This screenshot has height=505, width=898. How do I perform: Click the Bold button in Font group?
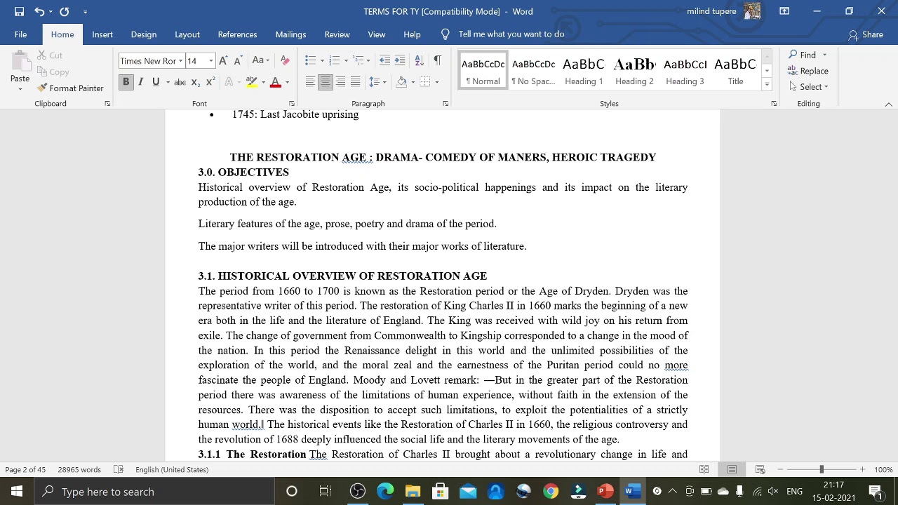126,82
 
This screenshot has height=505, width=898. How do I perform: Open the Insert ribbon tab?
102,34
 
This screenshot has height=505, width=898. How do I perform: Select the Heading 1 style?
584,71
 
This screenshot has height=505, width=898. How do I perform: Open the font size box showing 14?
196,61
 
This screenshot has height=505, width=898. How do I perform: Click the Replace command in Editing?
808,71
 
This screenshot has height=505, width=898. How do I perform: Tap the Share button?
866,34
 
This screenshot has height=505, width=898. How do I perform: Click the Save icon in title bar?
19,11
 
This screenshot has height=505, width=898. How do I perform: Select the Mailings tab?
290,34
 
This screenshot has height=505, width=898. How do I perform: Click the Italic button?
141,82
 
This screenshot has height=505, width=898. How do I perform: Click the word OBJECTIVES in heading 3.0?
253,173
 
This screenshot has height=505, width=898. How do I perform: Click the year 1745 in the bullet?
243,114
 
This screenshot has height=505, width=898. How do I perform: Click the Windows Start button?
16,491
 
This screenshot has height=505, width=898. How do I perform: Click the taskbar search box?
154,491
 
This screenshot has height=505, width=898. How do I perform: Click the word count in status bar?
79,469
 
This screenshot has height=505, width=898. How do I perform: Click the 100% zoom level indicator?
883,469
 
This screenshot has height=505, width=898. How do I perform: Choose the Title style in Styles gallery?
735,71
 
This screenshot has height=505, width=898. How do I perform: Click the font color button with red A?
276,82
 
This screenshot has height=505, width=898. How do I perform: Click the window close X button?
881,11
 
